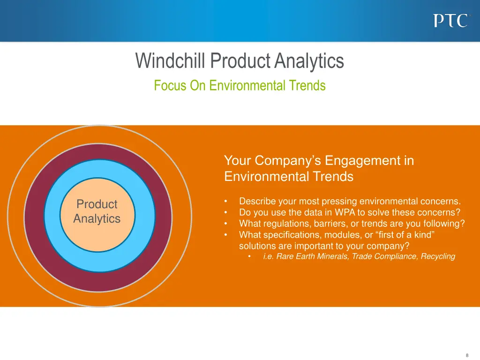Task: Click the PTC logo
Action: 450,21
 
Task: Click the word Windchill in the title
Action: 171,61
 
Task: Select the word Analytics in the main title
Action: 309,61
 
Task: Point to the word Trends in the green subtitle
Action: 307,86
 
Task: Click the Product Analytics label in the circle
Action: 97,211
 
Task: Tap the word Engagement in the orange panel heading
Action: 363,161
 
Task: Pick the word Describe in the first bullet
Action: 257,202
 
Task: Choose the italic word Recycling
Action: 438,256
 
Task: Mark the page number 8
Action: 467,355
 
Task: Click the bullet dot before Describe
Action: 226,202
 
